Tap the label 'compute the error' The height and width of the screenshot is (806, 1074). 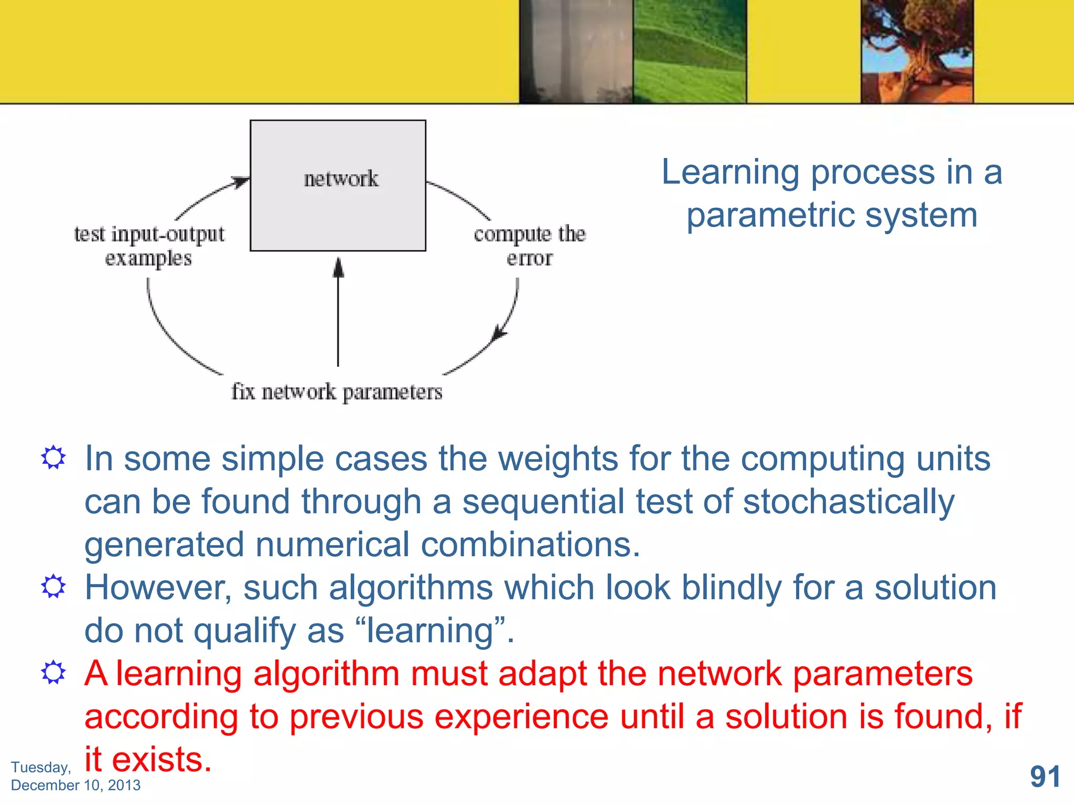530,246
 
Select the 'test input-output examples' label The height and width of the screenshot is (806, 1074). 149,246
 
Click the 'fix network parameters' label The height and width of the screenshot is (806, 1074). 337,392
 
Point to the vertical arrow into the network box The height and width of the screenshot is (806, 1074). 338,315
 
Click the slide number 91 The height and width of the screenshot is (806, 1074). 1045,777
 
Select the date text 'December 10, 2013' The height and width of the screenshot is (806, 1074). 76,785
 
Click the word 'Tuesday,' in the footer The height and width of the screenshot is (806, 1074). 41,767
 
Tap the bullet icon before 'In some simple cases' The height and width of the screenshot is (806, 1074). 53,458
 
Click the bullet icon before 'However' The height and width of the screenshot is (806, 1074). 53,586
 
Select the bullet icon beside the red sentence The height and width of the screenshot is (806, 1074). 53,672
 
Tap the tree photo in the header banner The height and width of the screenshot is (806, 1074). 917,51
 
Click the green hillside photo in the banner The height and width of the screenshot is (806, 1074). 689,51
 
